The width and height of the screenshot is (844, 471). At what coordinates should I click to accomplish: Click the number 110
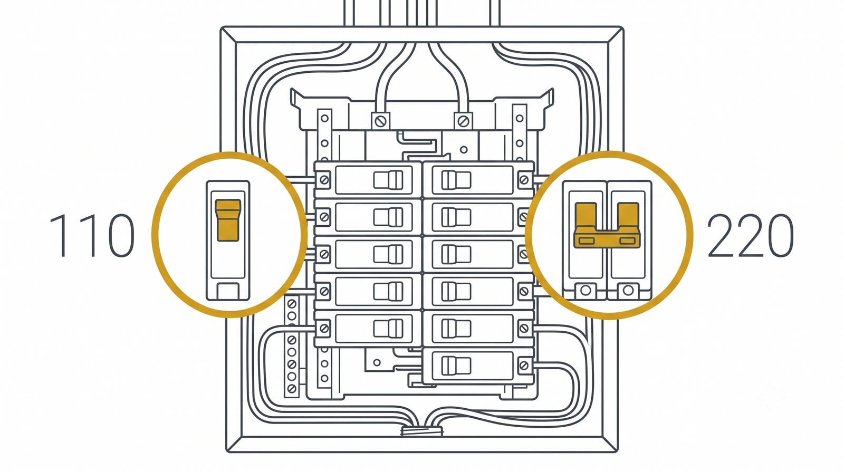coord(92,235)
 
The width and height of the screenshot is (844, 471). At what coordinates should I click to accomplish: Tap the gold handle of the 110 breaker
coord(227,220)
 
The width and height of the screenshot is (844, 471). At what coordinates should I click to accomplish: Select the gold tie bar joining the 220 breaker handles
coord(607,237)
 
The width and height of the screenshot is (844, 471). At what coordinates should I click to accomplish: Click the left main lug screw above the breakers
coord(380,121)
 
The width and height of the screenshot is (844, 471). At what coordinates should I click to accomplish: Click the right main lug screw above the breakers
coord(463,121)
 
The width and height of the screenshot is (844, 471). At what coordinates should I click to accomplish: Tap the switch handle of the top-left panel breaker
coord(388,180)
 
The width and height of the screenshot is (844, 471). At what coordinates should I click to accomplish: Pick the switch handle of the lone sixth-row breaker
coord(456,366)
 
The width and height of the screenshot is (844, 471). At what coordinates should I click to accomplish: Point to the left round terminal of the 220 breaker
coord(586,291)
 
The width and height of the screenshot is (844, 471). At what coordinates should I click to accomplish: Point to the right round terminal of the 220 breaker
coord(628,291)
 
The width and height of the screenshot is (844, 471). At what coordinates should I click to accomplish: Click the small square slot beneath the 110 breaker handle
coord(227,291)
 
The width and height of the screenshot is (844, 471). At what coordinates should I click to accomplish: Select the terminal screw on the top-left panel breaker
coord(324,180)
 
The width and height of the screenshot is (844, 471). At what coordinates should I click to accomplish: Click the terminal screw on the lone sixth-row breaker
coord(524,366)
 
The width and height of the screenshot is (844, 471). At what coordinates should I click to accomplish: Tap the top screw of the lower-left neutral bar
coord(292,303)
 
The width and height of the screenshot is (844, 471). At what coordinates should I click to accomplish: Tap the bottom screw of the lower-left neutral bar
coord(292,388)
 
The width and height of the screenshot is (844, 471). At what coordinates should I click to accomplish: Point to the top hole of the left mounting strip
coord(324,119)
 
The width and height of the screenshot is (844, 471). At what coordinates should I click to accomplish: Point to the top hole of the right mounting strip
coord(520,119)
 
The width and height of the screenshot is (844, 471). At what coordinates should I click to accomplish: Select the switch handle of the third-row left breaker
coord(388,254)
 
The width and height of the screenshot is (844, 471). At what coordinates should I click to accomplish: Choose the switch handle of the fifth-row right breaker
coord(456,329)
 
